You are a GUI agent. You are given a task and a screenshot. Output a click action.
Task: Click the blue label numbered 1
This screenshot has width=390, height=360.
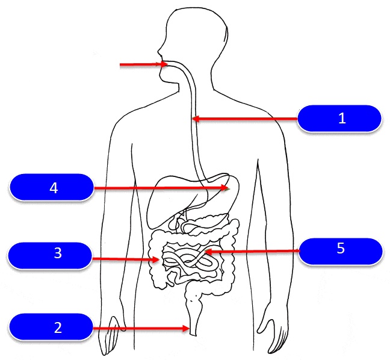(341, 119)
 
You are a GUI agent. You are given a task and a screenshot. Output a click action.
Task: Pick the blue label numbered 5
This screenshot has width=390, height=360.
(341, 250)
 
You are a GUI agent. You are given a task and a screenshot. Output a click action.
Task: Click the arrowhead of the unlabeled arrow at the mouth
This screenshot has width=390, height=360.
(164, 64)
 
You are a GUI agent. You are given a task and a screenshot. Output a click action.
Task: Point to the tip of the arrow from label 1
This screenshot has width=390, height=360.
(194, 119)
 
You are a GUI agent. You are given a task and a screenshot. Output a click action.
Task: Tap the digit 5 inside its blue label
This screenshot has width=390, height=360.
(341, 249)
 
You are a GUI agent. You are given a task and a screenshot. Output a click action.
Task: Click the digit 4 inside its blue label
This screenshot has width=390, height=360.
(54, 188)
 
